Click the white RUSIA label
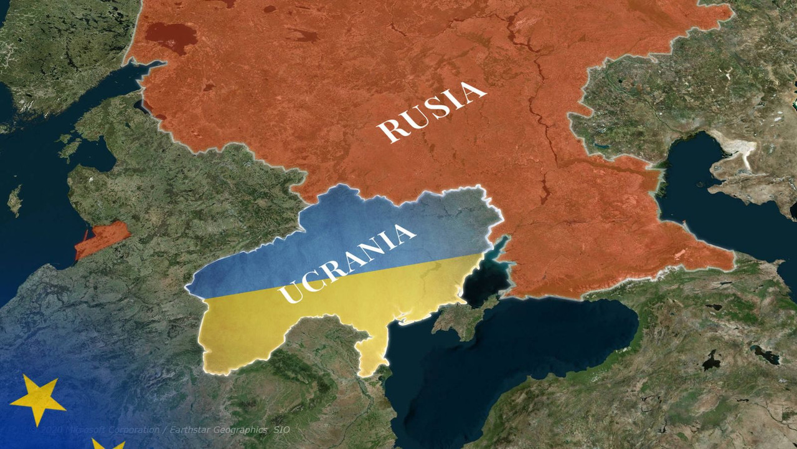[431, 111]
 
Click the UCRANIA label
[346, 264]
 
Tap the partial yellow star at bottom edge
[107, 444]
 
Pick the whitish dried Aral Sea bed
[741, 150]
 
